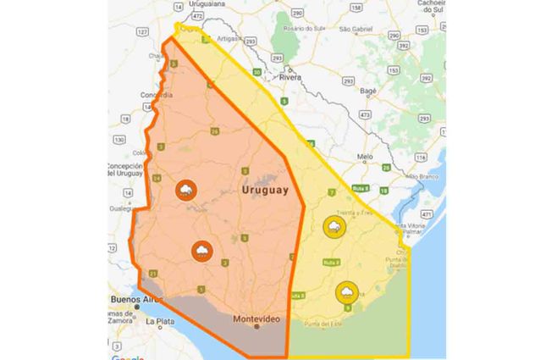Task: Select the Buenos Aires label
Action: (135, 300)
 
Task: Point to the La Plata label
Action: (160, 322)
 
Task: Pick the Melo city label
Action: (365, 157)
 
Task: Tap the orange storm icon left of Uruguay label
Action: (185, 191)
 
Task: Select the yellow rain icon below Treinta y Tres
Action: (334, 227)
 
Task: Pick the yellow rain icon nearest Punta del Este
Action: (345, 292)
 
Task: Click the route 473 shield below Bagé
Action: (365, 114)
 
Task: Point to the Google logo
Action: (127, 356)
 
